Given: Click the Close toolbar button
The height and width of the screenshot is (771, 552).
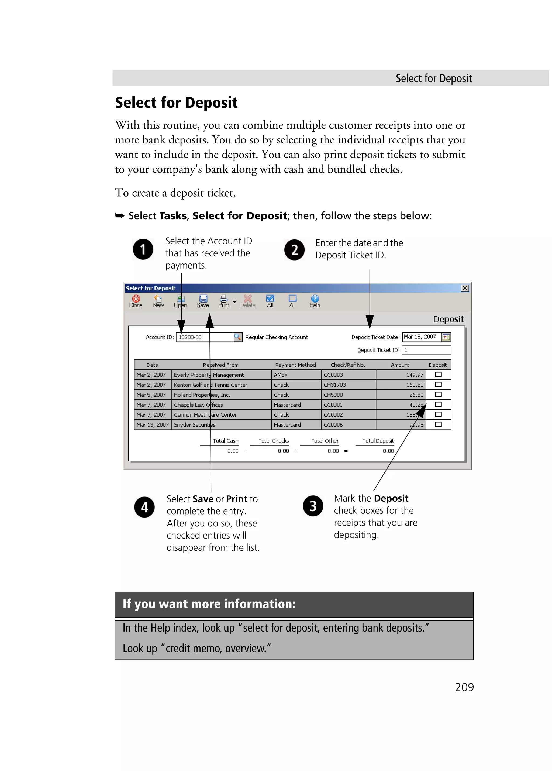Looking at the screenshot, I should (x=136, y=301).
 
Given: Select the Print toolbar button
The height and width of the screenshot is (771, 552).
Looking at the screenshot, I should (x=223, y=301).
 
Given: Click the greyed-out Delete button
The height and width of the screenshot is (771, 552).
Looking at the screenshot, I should (x=248, y=301).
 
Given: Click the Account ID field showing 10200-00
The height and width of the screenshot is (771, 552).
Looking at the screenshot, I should (x=204, y=337).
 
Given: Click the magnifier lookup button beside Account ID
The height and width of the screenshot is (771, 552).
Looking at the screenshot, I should (x=237, y=337).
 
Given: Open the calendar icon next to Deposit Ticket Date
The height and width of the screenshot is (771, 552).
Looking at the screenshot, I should (x=446, y=337).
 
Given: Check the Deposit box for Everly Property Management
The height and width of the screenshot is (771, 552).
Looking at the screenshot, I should (x=438, y=375).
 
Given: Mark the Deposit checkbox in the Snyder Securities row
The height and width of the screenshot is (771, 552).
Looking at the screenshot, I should (x=438, y=424).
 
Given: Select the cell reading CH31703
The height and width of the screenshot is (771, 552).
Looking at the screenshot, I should (x=348, y=385).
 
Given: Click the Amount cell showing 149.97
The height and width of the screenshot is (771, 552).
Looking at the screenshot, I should (x=401, y=375).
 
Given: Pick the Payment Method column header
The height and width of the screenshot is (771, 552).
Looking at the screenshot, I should (x=295, y=365).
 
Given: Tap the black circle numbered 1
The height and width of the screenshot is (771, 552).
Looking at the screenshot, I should (x=143, y=249).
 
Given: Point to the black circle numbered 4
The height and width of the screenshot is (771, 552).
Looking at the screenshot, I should (x=144, y=507).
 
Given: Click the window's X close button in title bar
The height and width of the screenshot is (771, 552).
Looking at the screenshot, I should (x=465, y=288).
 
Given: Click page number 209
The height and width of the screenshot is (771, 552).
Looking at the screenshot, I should (x=464, y=687).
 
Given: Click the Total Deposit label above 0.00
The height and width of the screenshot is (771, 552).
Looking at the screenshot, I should (x=378, y=441).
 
